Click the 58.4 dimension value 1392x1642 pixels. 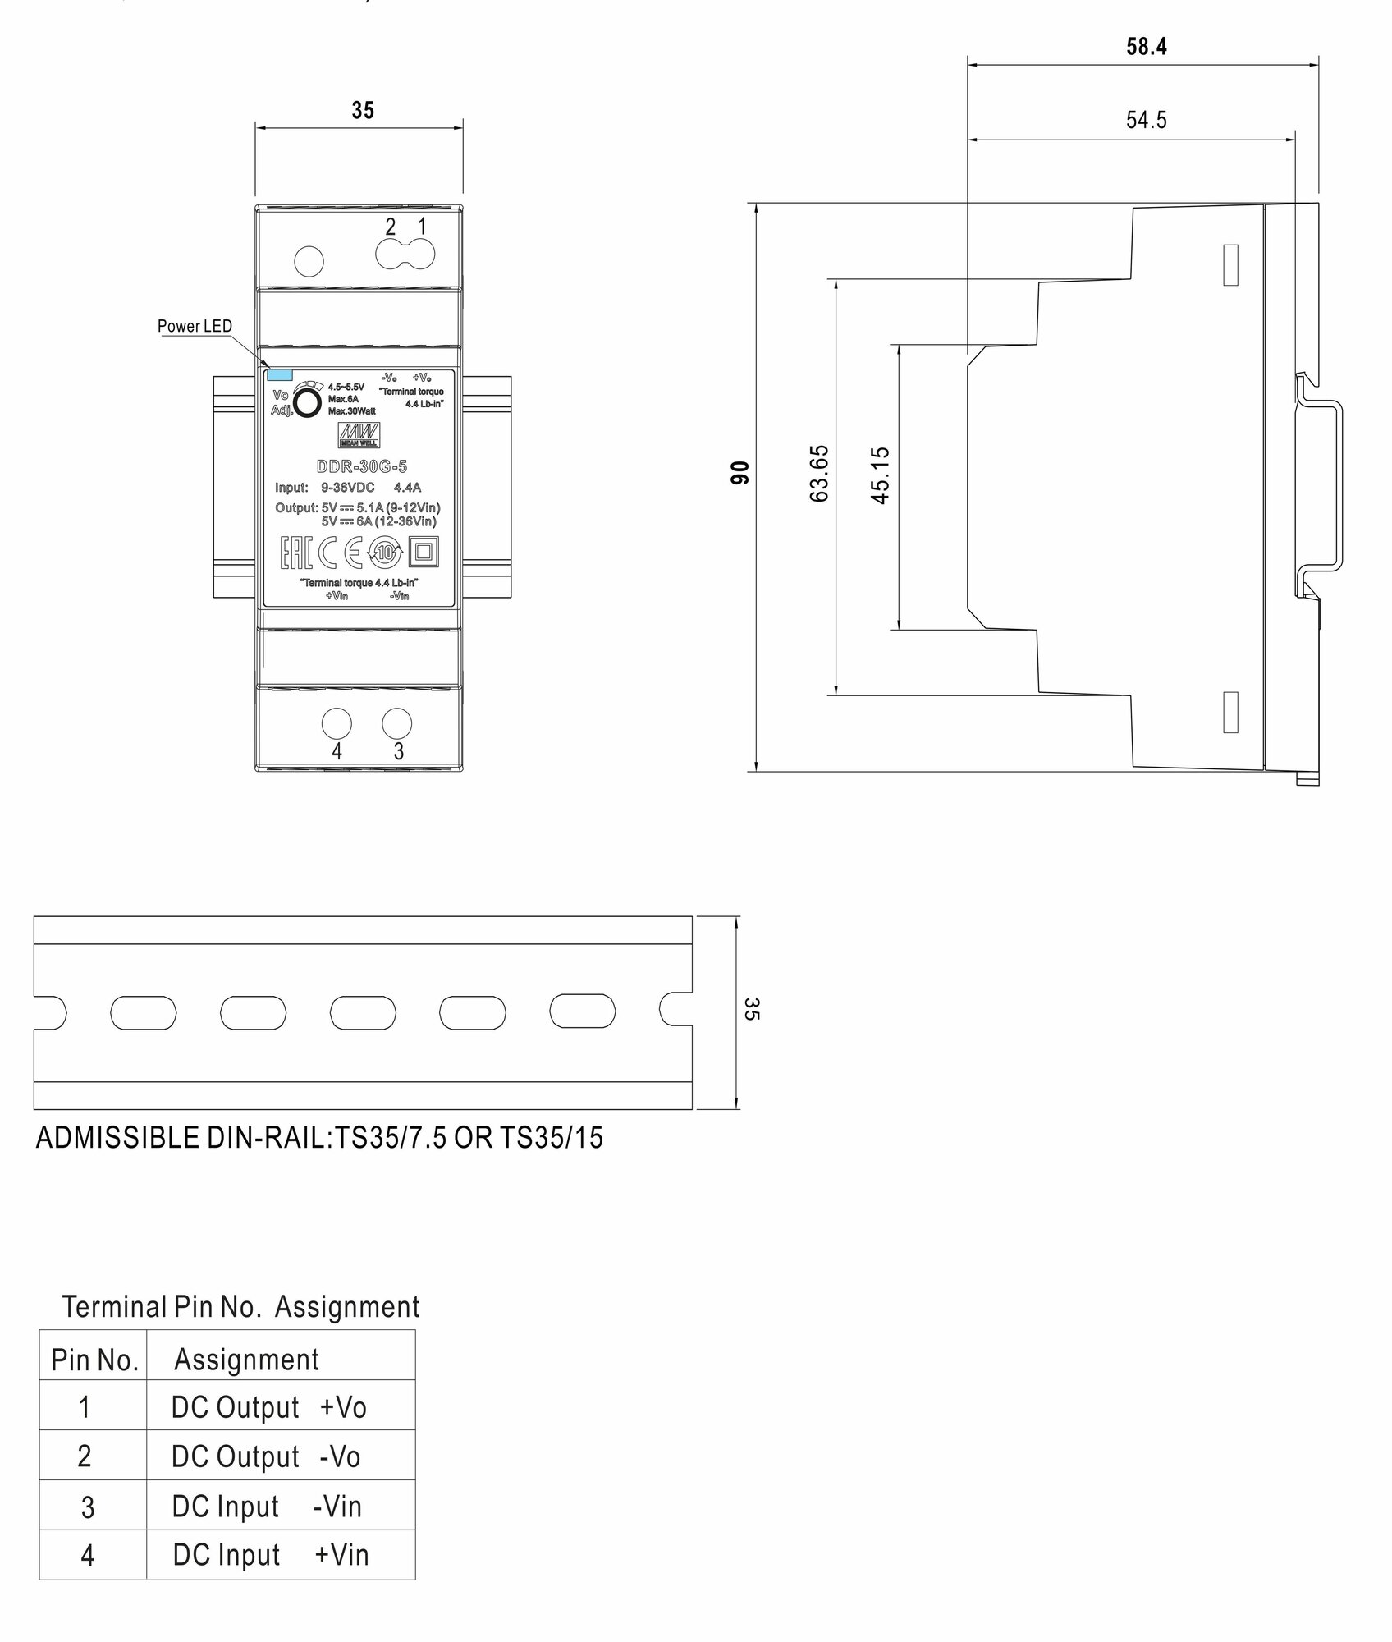pyautogui.click(x=1146, y=47)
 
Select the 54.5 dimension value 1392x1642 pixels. pyautogui.click(x=1146, y=120)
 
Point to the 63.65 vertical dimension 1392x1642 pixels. pyautogui.click(x=819, y=474)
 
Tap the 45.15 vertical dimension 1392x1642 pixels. pyautogui.click(x=880, y=475)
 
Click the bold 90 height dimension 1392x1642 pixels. pyautogui.click(x=739, y=473)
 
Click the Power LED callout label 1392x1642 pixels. pyautogui.click(x=195, y=326)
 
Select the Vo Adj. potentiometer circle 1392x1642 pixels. pyautogui.click(x=307, y=403)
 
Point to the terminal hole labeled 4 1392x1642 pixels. pyautogui.click(x=337, y=723)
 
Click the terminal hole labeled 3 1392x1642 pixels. pyautogui.click(x=397, y=723)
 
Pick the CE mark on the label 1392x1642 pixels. pyautogui.click(x=341, y=553)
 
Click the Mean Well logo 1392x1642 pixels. pyautogui.click(x=360, y=434)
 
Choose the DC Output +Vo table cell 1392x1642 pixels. pyautogui.click(x=268, y=1408)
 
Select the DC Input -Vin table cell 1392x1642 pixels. pyautogui.click(x=266, y=1507)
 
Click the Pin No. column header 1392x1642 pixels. pyautogui.click(x=94, y=1360)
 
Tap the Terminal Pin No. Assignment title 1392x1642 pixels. pyautogui.click(x=240, y=1307)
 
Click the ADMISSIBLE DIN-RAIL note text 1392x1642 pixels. pyautogui.click(x=319, y=1138)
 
